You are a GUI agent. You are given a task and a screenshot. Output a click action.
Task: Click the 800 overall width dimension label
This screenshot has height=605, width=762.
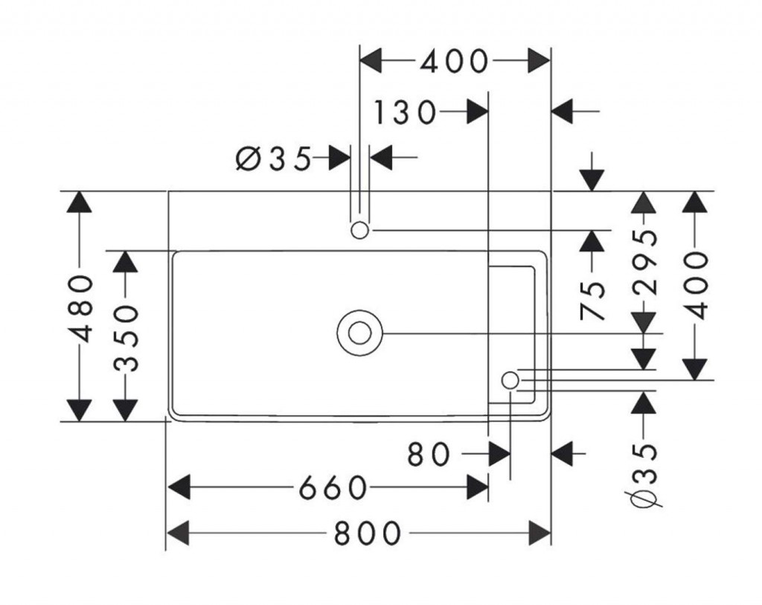368,533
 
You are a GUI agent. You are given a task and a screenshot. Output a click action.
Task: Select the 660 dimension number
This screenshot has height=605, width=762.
333,488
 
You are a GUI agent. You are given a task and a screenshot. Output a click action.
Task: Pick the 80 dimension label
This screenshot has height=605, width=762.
429,453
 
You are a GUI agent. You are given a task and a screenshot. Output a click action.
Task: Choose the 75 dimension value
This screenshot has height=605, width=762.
592,299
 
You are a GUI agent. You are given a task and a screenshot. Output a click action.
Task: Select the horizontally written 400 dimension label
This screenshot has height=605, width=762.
455,62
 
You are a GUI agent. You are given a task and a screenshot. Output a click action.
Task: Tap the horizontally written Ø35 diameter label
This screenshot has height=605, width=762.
272,158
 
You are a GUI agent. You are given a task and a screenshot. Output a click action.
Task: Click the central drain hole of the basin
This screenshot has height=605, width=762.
359,333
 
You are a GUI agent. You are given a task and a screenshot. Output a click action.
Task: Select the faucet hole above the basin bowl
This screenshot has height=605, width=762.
359,231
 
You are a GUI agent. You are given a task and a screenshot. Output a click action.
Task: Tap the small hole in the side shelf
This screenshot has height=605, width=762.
510,380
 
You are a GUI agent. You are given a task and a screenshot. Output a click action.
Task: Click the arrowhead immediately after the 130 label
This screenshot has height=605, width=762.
476,113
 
